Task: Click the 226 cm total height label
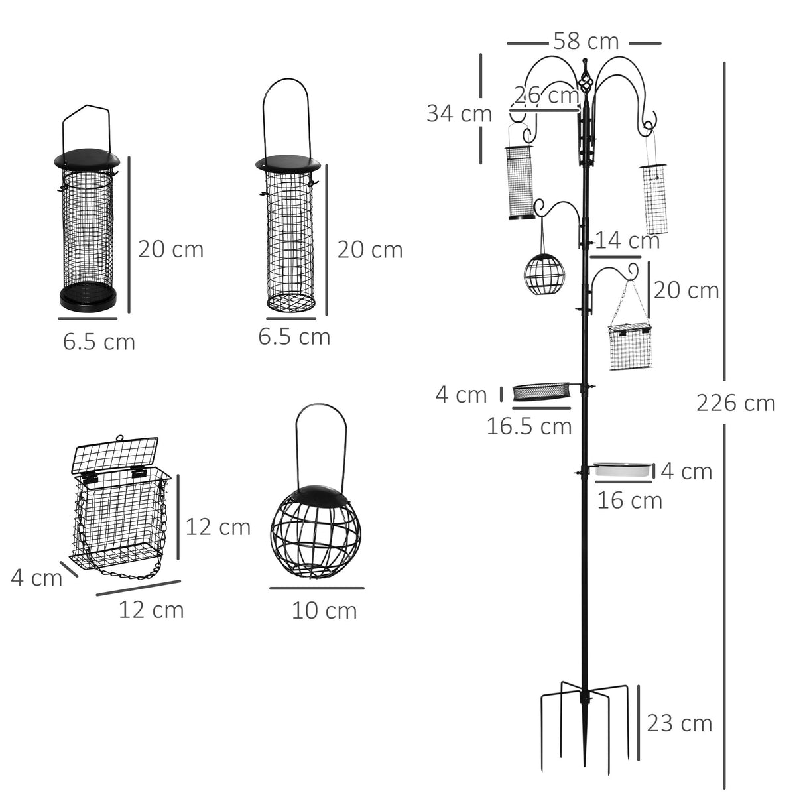coord(735,402)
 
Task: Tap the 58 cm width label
coord(586,42)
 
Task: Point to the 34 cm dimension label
coord(459,113)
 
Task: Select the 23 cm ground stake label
coord(679,723)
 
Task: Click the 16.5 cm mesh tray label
coord(529,426)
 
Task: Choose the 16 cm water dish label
coord(629,500)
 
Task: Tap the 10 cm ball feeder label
coord(324,610)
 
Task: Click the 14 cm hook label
coord(627,240)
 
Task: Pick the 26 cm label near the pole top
coord(546,95)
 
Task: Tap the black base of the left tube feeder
coord(89,296)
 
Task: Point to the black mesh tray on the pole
coord(542,392)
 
